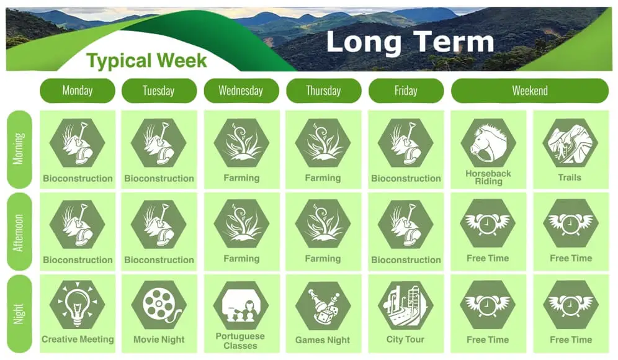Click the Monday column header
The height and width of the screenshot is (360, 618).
click(x=77, y=91)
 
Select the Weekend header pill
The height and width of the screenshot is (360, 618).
click(x=530, y=91)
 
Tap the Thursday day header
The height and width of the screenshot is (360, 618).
click(x=324, y=91)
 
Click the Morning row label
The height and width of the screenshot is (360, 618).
click(x=19, y=149)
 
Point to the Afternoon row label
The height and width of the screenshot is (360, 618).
click(x=19, y=232)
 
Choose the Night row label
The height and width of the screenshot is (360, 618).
click(x=19, y=314)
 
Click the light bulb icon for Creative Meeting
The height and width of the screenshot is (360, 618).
click(x=77, y=304)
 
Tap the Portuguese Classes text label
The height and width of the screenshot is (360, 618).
click(x=240, y=341)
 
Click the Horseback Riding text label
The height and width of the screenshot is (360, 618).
click(x=488, y=178)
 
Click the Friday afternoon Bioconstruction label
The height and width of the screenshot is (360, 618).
click(x=406, y=260)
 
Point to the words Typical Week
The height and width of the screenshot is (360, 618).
click(x=146, y=61)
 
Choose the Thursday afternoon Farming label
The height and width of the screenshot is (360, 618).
click(x=323, y=259)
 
